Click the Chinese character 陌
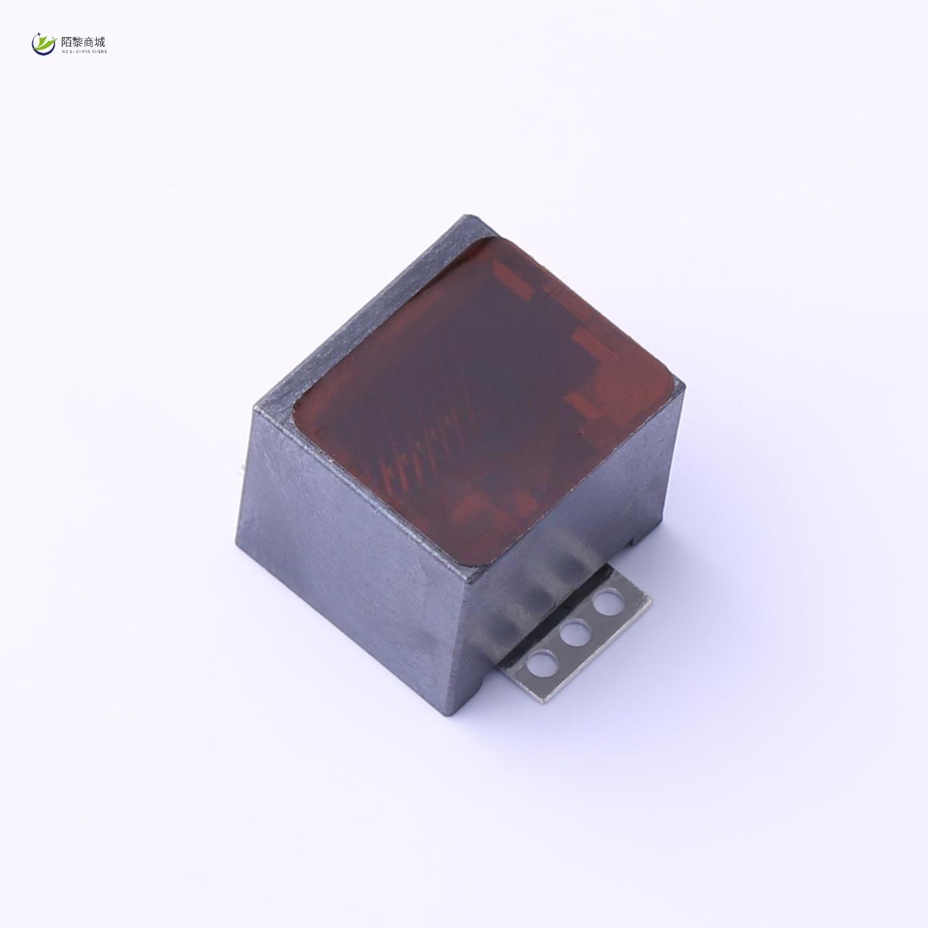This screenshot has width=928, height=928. point(66,42)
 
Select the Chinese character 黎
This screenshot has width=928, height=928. point(78,42)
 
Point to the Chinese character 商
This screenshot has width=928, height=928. point(89,42)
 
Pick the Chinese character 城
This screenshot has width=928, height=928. point(101,42)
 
